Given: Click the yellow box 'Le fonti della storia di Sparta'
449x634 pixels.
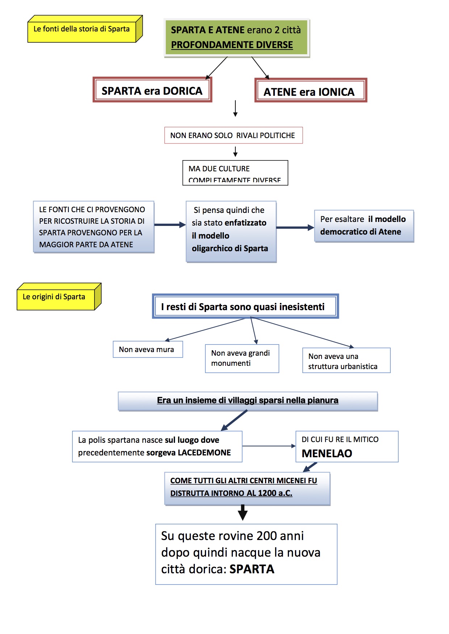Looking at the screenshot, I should pos(81,29).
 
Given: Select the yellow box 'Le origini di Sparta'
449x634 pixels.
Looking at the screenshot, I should pos(54,297).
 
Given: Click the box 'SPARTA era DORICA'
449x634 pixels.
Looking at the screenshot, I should pos(152,91).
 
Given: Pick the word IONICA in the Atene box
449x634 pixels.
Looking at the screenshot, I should pos(336,92).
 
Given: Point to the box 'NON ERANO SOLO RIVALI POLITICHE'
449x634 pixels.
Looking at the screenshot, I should pos(233,136).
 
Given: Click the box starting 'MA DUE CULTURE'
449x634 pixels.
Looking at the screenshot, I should pos(235,173).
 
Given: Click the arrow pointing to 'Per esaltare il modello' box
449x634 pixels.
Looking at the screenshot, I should pos(295,228).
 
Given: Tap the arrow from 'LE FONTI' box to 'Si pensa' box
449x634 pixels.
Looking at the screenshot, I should pos(170,225).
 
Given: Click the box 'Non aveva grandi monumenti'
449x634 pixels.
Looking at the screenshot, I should pos(242,358).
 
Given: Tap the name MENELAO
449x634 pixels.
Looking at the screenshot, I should pos(327,453).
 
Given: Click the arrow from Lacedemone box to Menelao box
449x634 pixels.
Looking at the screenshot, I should pos(269,446).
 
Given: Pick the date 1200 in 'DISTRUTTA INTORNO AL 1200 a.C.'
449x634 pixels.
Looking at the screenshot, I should pos(267,493).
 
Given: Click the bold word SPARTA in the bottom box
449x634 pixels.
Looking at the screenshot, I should pos(252,569).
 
